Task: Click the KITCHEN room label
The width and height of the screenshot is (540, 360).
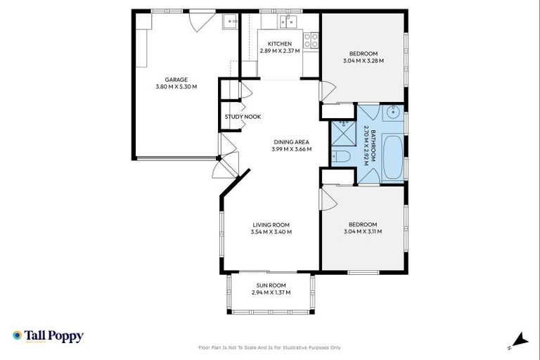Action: [279, 44]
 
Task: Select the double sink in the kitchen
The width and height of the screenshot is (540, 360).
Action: [287, 22]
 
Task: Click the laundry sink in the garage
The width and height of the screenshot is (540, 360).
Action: [230, 22]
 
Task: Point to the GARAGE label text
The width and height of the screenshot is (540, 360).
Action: [176, 79]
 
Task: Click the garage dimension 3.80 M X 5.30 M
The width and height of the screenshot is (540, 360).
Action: [176, 87]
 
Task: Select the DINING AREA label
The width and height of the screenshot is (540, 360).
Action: [291, 142]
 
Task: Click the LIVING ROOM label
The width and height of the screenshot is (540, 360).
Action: [271, 225]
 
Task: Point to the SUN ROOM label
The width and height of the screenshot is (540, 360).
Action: [271, 285]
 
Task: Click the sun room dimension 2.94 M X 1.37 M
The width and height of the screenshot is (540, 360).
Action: [271, 293]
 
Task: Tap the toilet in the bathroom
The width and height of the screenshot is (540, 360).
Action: [340, 156]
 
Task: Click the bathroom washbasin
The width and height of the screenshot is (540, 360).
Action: [393, 112]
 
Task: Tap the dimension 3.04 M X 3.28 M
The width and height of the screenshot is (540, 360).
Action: [363, 62]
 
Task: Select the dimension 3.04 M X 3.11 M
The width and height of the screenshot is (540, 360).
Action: [363, 232]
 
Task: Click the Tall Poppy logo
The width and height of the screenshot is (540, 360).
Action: [48, 336]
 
